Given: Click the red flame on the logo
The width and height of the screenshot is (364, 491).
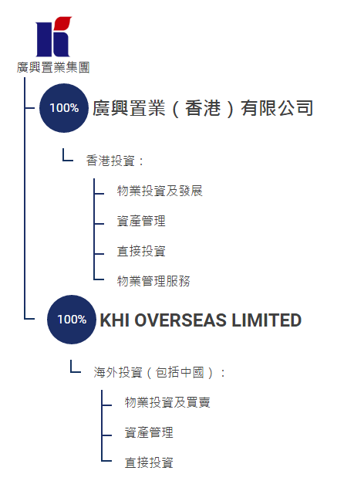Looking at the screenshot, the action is (64, 23).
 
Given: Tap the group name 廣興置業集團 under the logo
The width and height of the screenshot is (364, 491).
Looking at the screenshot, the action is (53, 67).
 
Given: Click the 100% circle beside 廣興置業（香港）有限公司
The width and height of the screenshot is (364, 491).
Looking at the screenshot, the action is (64, 108).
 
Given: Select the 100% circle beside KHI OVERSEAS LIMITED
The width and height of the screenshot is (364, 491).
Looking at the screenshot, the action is (72, 320).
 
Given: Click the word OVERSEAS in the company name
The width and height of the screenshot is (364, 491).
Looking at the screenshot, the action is (180, 320).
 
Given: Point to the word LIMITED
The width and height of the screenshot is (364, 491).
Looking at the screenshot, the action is (266, 320).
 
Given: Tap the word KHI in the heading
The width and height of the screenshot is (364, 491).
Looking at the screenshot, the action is (115, 320).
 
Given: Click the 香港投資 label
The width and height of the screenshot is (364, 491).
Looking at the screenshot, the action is (110, 161).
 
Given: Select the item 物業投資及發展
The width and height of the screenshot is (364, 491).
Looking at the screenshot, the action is (160, 191).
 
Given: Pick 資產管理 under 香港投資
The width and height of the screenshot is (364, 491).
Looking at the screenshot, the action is (141, 221).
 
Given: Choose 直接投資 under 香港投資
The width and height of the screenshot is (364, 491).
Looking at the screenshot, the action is (141, 251).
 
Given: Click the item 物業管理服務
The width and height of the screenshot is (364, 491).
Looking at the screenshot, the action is (153, 281).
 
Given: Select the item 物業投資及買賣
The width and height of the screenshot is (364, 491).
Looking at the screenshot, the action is (167, 402).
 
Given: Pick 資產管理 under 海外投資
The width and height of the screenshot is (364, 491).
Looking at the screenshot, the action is (149, 432).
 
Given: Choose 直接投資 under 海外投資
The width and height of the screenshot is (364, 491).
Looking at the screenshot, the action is (149, 462).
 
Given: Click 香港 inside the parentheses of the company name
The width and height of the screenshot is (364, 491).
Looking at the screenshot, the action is (203, 108).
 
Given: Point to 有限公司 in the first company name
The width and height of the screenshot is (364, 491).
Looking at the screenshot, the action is (277, 108).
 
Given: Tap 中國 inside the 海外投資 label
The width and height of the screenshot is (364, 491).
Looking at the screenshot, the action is (192, 373).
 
